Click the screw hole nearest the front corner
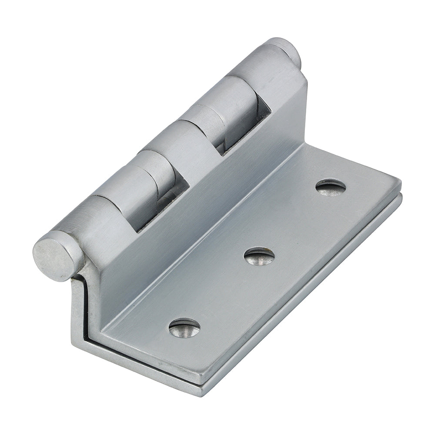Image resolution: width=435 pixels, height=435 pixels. point(184,327)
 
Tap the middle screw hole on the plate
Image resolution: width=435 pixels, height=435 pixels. point(259,256)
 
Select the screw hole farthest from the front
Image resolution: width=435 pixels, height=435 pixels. point(331,187)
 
